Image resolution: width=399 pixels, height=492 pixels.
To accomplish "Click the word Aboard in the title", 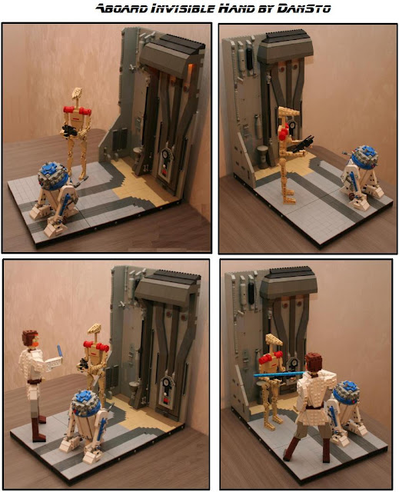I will coord(117,9).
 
